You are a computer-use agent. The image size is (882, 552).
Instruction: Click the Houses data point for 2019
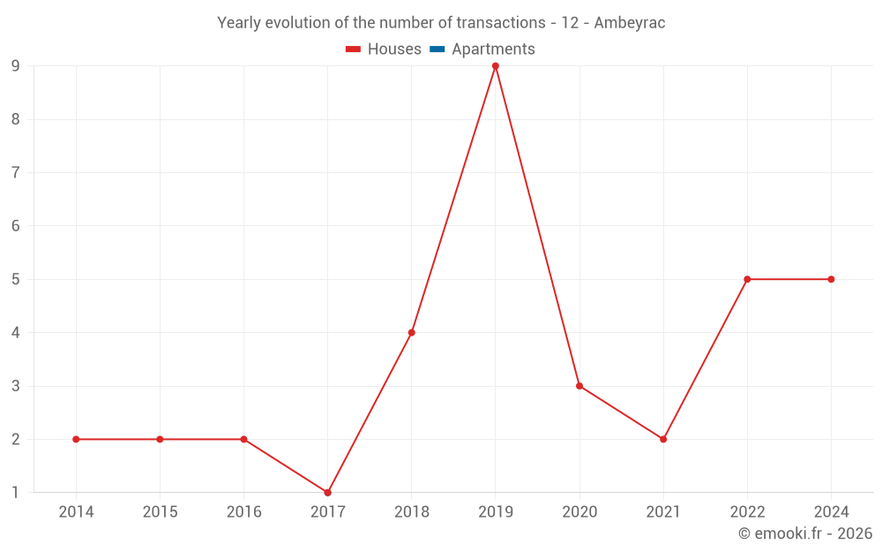tap(496, 66)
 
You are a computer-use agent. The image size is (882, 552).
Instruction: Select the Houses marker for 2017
tap(327, 493)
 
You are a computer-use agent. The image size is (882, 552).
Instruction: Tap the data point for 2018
tap(412, 333)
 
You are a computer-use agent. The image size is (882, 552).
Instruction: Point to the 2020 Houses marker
tap(579, 386)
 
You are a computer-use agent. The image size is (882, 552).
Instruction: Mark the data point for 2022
tap(747, 279)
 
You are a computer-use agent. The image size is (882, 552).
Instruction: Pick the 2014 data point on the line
tap(76, 439)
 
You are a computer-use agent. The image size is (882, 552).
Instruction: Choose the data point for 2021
tap(663, 439)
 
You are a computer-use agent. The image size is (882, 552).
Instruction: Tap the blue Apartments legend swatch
tap(437, 49)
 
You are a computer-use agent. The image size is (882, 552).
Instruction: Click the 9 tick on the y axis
tap(16, 66)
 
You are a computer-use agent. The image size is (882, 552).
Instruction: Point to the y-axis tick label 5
tap(16, 279)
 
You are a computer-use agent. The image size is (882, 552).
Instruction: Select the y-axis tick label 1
tap(16, 493)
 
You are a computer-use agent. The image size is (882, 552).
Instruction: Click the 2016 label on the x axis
tap(243, 512)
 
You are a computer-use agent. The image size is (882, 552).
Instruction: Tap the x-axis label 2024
tap(831, 512)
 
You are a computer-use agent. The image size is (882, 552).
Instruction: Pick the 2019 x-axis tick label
tap(496, 512)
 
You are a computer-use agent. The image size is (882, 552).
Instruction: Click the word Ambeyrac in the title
tap(630, 23)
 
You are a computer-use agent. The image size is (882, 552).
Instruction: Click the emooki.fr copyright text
tap(805, 533)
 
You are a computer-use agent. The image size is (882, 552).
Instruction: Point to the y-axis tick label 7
tap(16, 173)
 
